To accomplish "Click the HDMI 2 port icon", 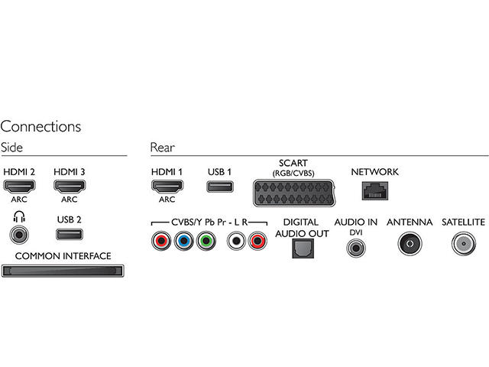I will pos(20,187).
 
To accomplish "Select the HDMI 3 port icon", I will pos(69,187).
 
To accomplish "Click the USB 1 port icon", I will pos(219,186).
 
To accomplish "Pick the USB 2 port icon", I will pos(69,235).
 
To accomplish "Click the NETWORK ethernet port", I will pos(374,192).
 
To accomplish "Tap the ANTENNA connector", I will pos(410,243).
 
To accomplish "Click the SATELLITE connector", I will pos(464,243).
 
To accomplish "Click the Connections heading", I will pos(40,126).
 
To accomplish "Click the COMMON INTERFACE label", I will pos(63,255).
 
